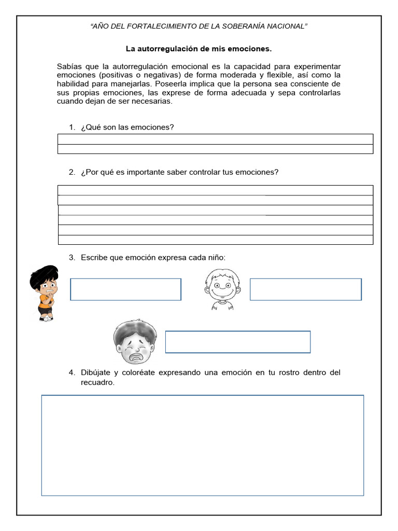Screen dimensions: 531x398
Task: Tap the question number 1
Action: click(x=72, y=128)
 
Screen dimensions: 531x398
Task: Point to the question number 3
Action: click(x=72, y=258)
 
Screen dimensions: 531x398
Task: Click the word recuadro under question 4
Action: click(x=97, y=383)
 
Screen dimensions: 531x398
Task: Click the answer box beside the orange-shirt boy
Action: click(x=125, y=289)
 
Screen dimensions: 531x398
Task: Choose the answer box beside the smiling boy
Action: click(x=305, y=289)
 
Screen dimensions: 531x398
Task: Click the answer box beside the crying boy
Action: click(x=237, y=342)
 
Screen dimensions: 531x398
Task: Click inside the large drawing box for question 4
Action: click(x=202, y=445)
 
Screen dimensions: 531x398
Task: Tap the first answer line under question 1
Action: click(x=215, y=139)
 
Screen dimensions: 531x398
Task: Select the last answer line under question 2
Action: click(x=215, y=240)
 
